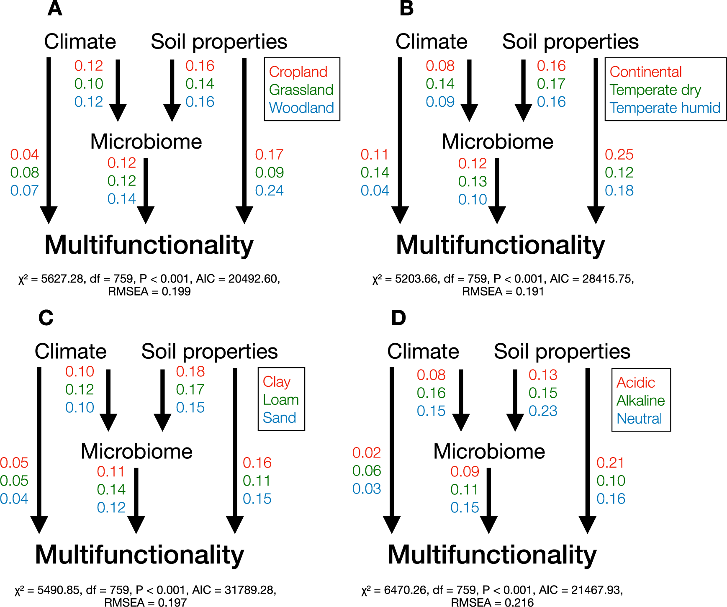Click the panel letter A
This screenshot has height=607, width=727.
(55, 8)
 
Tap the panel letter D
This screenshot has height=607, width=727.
(398, 318)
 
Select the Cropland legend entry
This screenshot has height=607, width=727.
(298, 72)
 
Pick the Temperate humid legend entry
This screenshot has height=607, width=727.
(665, 108)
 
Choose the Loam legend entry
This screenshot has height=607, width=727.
(280, 400)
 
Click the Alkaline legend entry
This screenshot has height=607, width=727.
(640, 401)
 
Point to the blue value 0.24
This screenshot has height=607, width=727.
(269, 191)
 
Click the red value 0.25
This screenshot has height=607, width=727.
(619, 155)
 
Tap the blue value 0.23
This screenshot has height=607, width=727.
(543, 411)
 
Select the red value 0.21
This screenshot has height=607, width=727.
(610, 463)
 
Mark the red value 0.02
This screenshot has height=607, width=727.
(367, 453)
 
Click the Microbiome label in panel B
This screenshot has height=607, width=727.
(497, 141)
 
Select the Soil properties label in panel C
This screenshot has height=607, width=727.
(209, 352)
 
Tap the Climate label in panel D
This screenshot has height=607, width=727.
(423, 352)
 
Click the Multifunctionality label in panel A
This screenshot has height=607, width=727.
(149, 245)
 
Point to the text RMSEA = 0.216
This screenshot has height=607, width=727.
(492, 602)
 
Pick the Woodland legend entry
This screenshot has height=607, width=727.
(301, 108)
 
